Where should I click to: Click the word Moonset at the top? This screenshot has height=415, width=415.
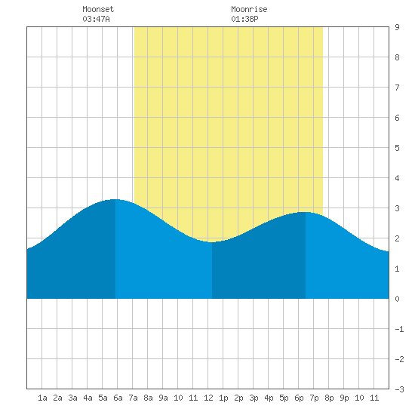pyautogui.click(x=98, y=9)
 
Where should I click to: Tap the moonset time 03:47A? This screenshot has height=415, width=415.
pyautogui.click(x=96, y=19)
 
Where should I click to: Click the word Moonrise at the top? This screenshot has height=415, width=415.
pyautogui.click(x=249, y=9)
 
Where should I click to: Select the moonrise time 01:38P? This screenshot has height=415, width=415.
pyautogui.click(x=244, y=19)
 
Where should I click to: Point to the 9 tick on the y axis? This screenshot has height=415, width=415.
pyautogui.click(x=397, y=27)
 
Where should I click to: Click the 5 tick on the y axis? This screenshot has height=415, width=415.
pyautogui.click(x=397, y=148)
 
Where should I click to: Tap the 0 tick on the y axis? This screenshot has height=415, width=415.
pyautogui.click(x=397, y=299)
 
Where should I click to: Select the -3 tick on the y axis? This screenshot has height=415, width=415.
pyautogui.click(x=399, y=389)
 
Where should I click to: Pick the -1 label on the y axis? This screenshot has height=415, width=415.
pyautogui.click(x=399, y=329)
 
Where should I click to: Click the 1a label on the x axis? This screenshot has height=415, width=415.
pyautogui.click(x=42, y=398)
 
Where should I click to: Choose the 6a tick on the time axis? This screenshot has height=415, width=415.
pyautogui.click(x=118, y=398)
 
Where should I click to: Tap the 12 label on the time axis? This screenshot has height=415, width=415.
pyautogui.click(x=208, y=398)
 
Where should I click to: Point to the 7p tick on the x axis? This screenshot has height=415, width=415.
pyautogui.click(x=314, y=398)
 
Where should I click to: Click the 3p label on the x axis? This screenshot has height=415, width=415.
pyautogui.click(x=254, y=398)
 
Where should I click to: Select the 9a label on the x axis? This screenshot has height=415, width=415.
pyautogui.click(x=163, y=398)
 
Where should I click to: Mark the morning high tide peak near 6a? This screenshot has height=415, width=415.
pyautogui.click(x=115, y=199)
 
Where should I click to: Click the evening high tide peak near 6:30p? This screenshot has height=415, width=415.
pyautogui.click(x=305, y=212)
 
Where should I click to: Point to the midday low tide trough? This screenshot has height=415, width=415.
pyautogui.click(x=212, y=242)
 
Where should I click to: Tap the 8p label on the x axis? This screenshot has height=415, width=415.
pyautogui.click(x=329, y=398)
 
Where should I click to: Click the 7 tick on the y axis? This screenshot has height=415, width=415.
pyautogui.click(x=397, y=88)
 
